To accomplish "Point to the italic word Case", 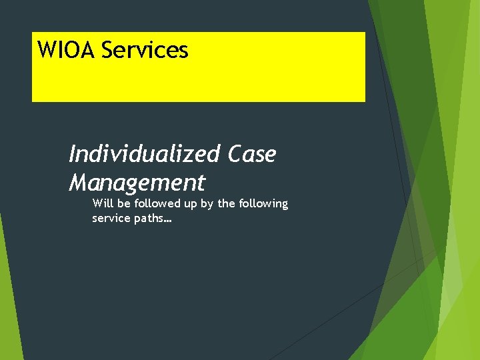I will point(251,155).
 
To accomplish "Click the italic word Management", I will point(137,182).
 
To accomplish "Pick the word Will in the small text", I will point(102,203).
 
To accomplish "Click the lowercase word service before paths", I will point(111,218).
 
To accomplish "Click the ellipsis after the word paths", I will point(167,221).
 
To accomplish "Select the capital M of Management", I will point(79,182).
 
